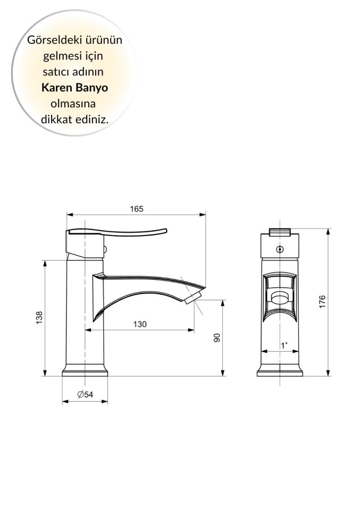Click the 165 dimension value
[x=137, y=209]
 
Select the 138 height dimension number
[x=39, y=318]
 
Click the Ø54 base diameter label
[x=85, y=394]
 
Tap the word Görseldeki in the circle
[x=51, y=40]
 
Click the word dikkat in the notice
[x=56, y=118]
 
